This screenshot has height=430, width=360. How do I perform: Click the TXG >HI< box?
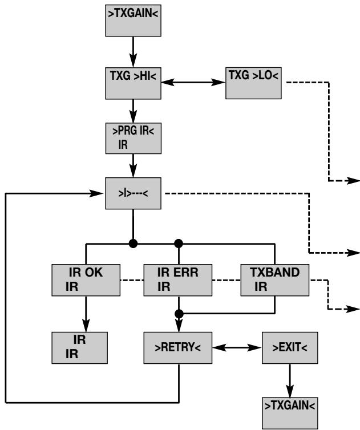133,83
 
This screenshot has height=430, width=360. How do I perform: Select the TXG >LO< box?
253,83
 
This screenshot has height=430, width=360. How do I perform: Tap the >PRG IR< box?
134,138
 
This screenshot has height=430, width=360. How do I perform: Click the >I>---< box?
133,193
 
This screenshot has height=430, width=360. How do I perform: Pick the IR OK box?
86,280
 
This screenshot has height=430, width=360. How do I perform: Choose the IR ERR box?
178,280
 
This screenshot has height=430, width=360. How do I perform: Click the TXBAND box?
274,280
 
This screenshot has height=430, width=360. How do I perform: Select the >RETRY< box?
178,348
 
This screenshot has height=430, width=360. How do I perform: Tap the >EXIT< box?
290,348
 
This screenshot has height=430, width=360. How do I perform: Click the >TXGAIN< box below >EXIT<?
290,413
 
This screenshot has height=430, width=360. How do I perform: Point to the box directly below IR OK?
79,348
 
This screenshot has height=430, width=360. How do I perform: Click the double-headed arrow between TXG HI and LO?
193,82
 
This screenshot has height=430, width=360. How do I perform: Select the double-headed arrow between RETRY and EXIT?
237,348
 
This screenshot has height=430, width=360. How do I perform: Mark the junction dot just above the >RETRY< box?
179,314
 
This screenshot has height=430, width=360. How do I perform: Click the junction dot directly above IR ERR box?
179,244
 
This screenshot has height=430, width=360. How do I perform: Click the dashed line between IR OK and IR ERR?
132,280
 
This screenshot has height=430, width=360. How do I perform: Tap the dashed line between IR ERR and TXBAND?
226,280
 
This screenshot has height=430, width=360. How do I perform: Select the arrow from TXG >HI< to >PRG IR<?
133,111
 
